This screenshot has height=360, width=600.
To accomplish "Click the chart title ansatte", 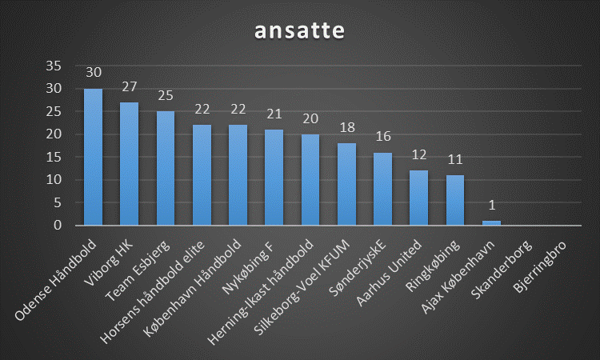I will [299, 30].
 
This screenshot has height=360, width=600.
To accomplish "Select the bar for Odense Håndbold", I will [94, 157].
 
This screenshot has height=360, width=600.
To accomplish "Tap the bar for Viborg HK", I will [130, 164].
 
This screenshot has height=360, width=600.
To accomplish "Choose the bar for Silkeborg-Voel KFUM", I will [346, 184].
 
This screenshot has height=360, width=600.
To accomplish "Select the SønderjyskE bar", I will [382, 189].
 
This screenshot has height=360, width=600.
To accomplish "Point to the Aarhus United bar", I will [418, 198].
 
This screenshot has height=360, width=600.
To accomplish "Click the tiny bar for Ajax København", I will [491, 223].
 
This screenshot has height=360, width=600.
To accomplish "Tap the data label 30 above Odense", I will [94, 73].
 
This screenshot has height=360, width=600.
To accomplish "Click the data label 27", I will [130, 86].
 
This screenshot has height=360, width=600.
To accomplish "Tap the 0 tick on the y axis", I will [57, 226].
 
